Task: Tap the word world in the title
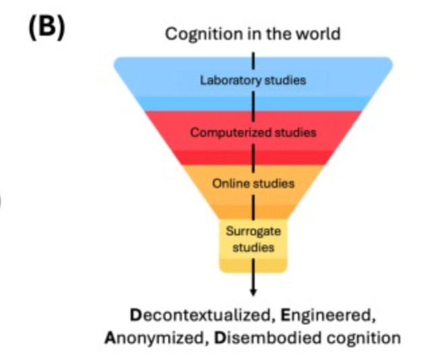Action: [317, 33]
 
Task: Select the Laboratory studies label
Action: [253, 80]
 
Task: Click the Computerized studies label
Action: [253, 132]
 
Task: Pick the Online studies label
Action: [253, 183]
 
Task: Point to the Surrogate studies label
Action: [253, 239]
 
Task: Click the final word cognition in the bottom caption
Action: [364, 337]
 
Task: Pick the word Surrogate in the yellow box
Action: [253, 232]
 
